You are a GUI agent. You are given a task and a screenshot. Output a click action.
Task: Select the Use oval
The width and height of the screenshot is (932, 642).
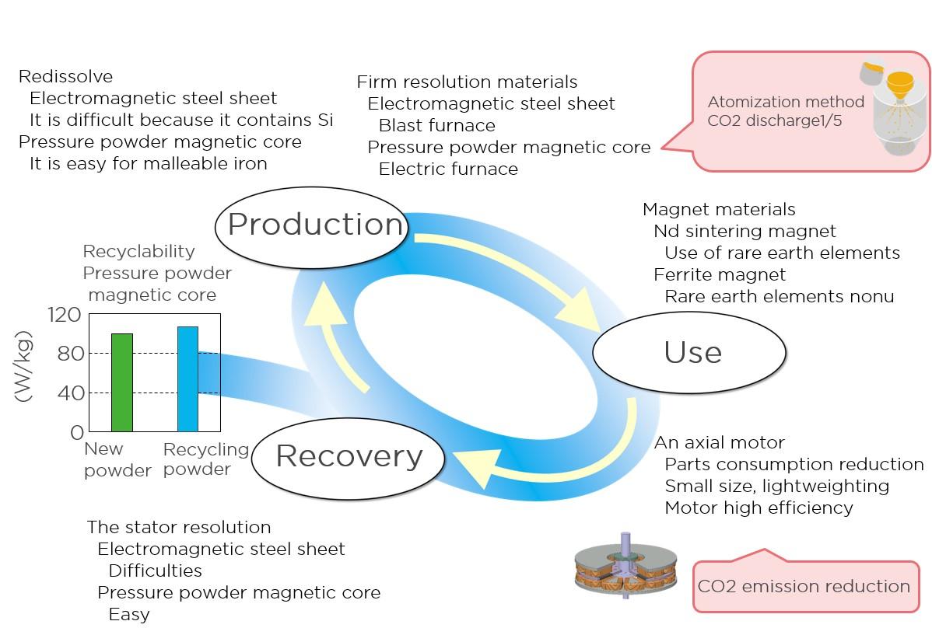tap(691, 353)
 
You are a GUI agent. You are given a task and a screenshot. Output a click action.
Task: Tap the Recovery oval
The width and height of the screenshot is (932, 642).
tap(349, 456)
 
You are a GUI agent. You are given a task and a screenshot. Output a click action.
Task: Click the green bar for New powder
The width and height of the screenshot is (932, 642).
tap(122, 382)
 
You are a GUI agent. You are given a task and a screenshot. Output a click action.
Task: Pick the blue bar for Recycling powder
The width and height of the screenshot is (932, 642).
tap(187, 379)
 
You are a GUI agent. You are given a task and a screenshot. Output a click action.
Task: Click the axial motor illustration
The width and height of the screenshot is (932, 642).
tap(625, 567)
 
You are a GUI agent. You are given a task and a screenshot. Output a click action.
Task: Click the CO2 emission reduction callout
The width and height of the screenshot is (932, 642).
tap(804, 587)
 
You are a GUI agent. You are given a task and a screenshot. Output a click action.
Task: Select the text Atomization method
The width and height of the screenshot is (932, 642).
tap(785, 102)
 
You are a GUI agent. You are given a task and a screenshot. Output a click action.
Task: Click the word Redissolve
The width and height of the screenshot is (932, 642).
tap(65, 77)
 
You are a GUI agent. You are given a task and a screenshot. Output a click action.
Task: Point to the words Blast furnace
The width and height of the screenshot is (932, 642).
tap(436, 126)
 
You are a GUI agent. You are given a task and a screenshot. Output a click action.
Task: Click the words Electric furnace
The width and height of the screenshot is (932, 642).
tap(448, 169)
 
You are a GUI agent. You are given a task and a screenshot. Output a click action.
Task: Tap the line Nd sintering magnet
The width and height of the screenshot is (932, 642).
tap(745, 232)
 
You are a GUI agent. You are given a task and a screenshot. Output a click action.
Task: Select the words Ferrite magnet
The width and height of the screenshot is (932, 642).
tap(720, 275)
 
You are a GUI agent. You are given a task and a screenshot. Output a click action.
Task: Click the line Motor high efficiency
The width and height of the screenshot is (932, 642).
tap(759, 508)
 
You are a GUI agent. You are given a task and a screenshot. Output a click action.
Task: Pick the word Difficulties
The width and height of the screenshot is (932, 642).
tap(155, 571)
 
